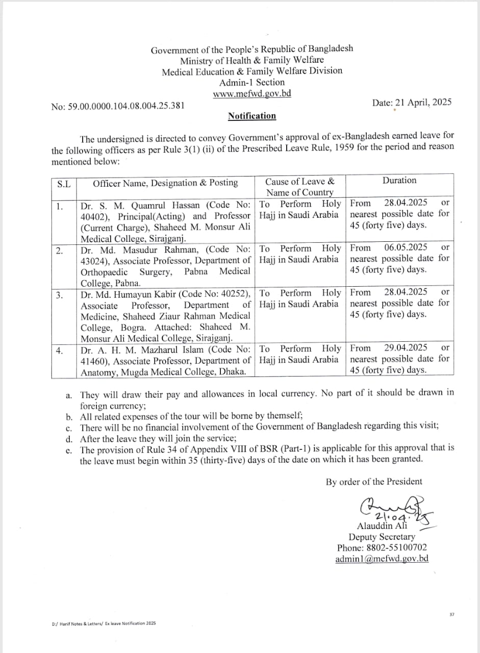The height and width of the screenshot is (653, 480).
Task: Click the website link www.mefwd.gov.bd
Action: [251, 94]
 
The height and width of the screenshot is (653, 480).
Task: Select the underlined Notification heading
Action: [252, 116]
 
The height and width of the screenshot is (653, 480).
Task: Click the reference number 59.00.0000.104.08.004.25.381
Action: [127, 106]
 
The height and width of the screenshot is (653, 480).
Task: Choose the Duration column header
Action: [399, 181]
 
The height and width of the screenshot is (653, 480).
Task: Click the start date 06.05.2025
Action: [406, 247]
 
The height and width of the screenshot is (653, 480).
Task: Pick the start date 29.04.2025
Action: [406, 348]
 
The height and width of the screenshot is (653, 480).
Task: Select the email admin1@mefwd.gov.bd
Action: [382, 559]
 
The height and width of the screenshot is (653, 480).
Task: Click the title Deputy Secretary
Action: [382, 537]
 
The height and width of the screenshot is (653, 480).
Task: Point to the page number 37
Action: [451, 614]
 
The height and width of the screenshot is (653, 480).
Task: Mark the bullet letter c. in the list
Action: [69, 428]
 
